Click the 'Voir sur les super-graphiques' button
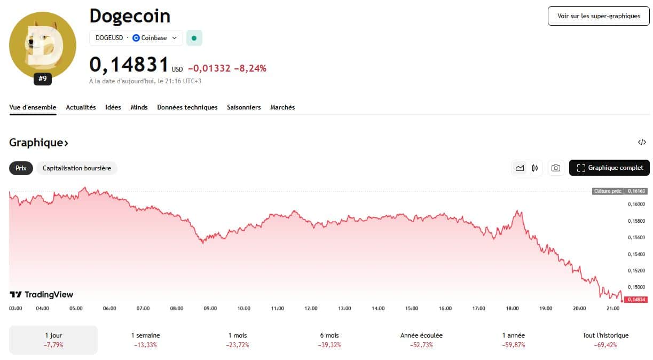(x=599, y=16)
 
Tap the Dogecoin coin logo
(x=43, y=45)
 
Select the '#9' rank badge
(x=43, y=79)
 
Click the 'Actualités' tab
(x=81, y=107)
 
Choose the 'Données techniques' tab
(x=187, y=107)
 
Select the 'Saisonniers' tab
(x=243, y=107)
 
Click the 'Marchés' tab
(x=282, y=107)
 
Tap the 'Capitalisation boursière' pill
(x=77, y=168)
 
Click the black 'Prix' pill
(x=21, y=168)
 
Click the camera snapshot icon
(x=555, y=168)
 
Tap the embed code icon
(x=642, y=142)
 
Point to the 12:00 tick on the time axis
(x=311, y=308)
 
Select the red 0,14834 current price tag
(x=636, y=300)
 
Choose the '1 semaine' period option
(x=146, y=340)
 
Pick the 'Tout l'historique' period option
(x=605, y=340)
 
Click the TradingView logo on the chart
(x=42, y=295)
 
